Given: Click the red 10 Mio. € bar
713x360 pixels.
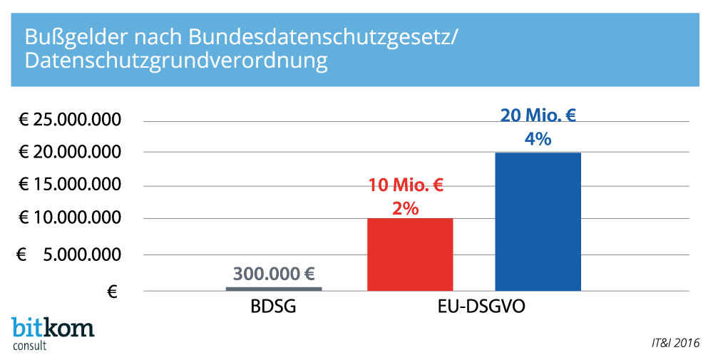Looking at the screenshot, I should point(409,254).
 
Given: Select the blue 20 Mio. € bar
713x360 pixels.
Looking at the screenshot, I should point(538,222).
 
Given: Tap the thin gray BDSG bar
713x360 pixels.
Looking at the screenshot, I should point(273,289).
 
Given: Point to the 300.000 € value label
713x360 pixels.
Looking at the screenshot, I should point(274,274).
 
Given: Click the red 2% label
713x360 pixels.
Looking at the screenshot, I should point(405,209).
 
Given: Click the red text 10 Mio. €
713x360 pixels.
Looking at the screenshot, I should point(406,187).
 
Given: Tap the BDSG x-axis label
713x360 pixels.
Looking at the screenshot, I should point(273,309).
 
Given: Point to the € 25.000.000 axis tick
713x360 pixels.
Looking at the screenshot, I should point(69,120).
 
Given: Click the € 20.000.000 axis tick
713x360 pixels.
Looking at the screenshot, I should point(69,152).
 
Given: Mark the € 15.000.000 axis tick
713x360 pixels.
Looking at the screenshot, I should point(69,185).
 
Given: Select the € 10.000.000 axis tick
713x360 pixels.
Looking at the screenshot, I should point(69,218).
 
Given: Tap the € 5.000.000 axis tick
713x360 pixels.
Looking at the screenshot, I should point(69,254).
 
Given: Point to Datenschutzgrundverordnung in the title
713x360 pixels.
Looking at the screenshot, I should point(176,61).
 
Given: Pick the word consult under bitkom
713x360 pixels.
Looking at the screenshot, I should point(31,345).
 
